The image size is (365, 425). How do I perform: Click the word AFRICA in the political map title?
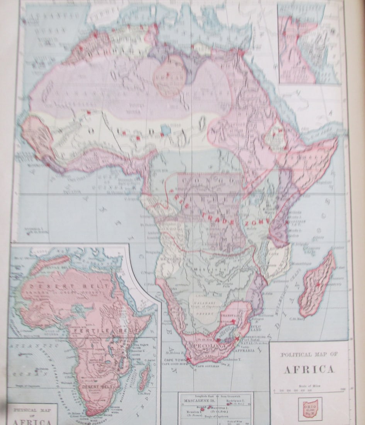pyautogui.click(x=309, y=369)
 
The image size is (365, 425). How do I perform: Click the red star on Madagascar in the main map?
pyautogui.click(x=318, y=284)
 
